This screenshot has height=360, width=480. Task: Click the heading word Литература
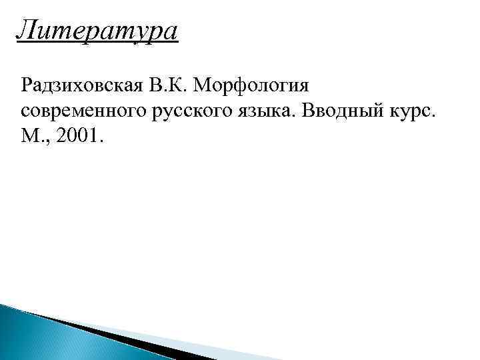click(x=98, y=31)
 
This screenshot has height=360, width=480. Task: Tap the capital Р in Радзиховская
click(x=27, y=86)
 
